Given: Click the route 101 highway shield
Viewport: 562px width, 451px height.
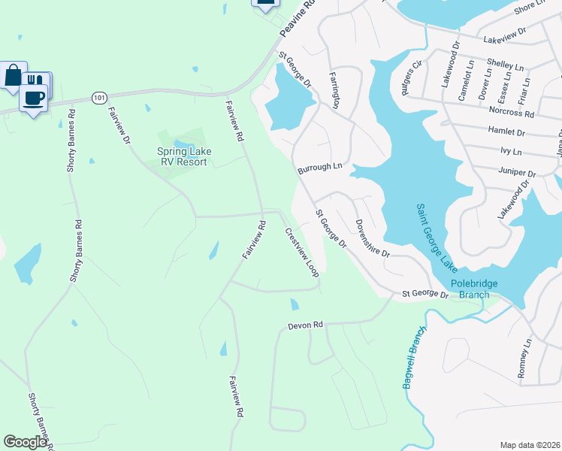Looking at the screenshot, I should coord(98,98).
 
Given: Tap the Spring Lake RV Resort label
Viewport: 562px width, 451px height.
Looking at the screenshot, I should coord(184,156).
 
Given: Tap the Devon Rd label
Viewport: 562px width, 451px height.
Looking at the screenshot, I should coord(305,325).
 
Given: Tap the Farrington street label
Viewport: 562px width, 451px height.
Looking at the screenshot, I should coord(335,89).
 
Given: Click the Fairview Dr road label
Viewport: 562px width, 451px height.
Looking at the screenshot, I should coord(119,126).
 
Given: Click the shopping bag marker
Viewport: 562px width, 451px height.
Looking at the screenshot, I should coord(14,75).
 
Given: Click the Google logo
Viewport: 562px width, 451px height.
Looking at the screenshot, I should coord(25,442).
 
